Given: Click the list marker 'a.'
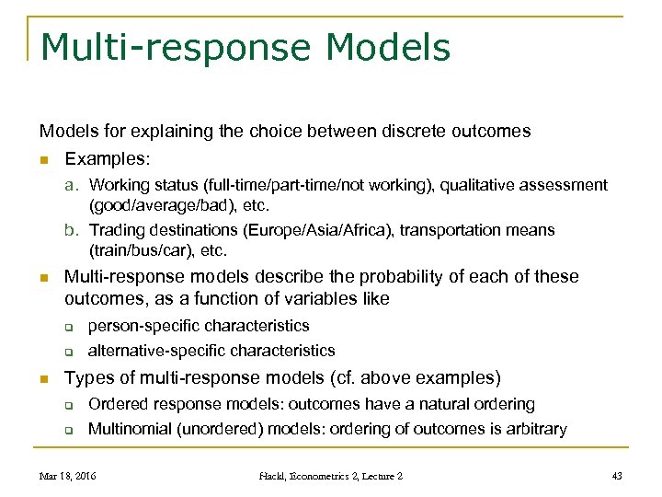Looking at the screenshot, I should click(74, 185).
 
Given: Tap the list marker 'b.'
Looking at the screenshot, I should click(74, 230).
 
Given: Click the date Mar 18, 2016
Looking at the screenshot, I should click(67, 476).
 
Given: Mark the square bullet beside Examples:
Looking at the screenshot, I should click(43, 159).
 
